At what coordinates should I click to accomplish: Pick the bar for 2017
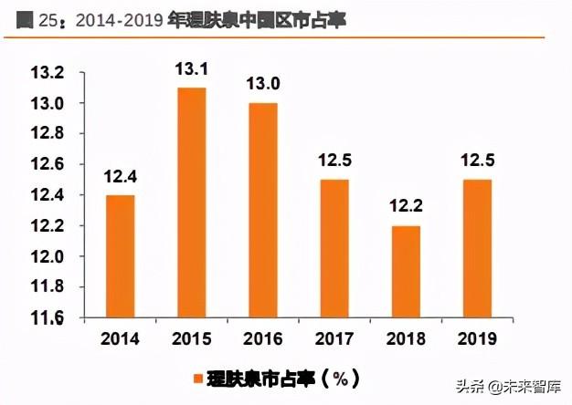click(335, 248)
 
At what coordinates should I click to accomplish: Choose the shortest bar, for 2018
click(406, 272)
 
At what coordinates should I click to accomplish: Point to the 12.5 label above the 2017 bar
click(335, 162)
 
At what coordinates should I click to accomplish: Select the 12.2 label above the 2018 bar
click(406, 209)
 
